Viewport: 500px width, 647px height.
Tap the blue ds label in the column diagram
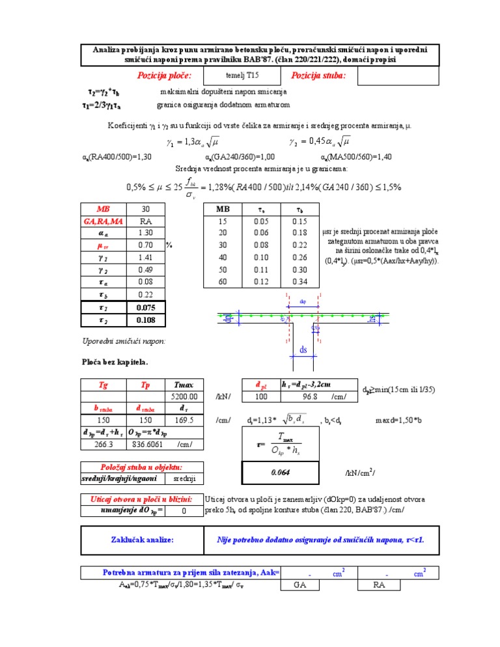303,350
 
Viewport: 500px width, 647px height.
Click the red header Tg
104,384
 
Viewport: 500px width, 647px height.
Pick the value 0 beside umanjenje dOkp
184,511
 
